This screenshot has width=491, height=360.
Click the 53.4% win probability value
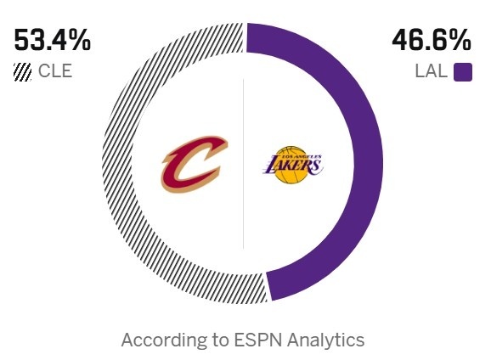pos(52,40)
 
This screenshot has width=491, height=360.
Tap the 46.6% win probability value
pos(431,40)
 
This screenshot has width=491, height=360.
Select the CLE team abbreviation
pos(55,71)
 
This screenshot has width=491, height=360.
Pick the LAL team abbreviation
pos(431,71)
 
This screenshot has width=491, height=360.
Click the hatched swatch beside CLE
pos(22,72)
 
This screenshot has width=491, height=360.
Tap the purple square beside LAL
pos(462,72)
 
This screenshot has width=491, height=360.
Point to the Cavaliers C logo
pos(189,164)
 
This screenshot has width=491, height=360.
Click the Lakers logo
pos(291,164)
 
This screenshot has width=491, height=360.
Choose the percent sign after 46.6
pos(459,40)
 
